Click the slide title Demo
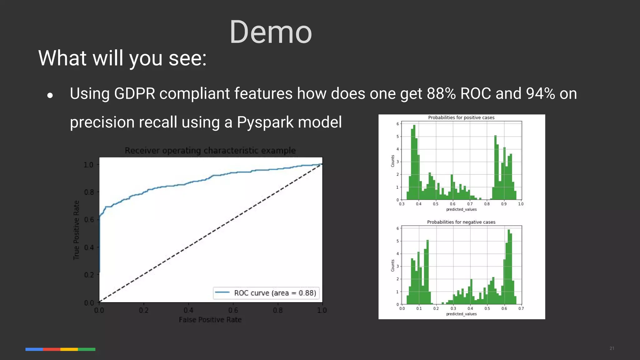pyautogui.click(x=271, y=32)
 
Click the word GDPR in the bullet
pyautogui.click(x=135, y=93)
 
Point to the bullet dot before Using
pyautogui.click(x=50, y=95)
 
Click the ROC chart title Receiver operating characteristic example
pyautogui.click(x=210, y=151)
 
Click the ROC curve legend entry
pyautogui.click(x=266, y=293)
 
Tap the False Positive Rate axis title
pyautogui.click(x=210, y=320)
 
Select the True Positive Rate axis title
pyautogui.click(x=76, y=230)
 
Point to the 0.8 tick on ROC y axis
pyautogui.click(x=89, y=192)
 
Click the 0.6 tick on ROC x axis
pyautogui.click(x=233, y=310)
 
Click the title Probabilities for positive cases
pyautogui.click(x=461, y=117)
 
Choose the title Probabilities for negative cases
pyautogui.click(x=461, y=222)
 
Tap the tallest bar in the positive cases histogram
pyautogui.click(x=414, y=162)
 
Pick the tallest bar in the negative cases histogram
pyautogui.click(x=508, y=267)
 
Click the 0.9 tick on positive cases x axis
pyautogui.click(x=504, y=204)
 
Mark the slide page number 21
pyautogui.click(x=612, y=348)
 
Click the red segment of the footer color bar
pyautogui.click(x=52, y=349)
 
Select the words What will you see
pyautogui.click(x=122, y=58)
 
